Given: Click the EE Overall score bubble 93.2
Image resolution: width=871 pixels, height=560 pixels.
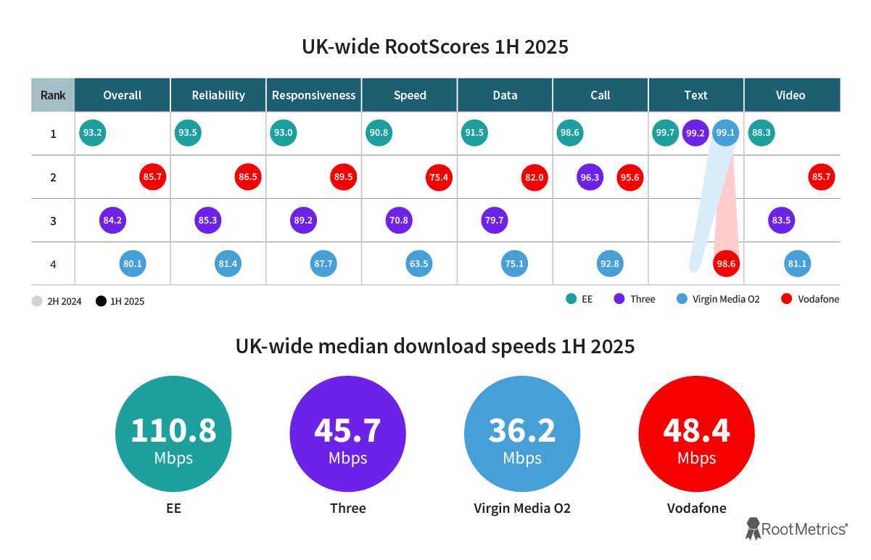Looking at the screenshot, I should tap(93, 133).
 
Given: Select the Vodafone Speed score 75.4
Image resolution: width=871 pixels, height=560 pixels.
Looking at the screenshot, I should tap(439, 177).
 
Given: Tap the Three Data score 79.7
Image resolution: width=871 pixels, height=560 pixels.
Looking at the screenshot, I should tap(495, 220).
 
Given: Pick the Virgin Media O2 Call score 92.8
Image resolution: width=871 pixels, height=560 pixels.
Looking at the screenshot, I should tap(610, 264).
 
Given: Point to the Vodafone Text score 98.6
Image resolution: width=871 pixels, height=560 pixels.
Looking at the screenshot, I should tap(726, 264).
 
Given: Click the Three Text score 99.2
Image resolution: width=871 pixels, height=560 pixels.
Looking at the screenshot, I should tap(695, 133).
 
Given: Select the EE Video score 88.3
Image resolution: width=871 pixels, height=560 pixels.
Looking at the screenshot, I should tap(761, 133).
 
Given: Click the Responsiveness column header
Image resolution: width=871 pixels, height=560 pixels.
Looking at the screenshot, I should tap(314, 95).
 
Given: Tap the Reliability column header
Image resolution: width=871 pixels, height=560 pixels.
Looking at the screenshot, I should tap(218, 95).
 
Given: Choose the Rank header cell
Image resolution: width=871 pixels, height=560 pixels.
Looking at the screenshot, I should tap(53, 95).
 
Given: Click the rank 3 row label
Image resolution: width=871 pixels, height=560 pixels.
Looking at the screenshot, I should tap(53, 220).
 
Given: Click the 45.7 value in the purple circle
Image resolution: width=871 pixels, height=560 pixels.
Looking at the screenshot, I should tap(347, 430).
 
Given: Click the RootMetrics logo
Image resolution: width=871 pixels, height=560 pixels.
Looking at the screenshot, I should tap(796, 530).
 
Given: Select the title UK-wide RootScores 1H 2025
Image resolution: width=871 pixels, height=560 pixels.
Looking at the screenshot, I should tap(435, 47).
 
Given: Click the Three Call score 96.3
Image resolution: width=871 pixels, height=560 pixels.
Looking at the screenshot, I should tap(590, 177).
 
